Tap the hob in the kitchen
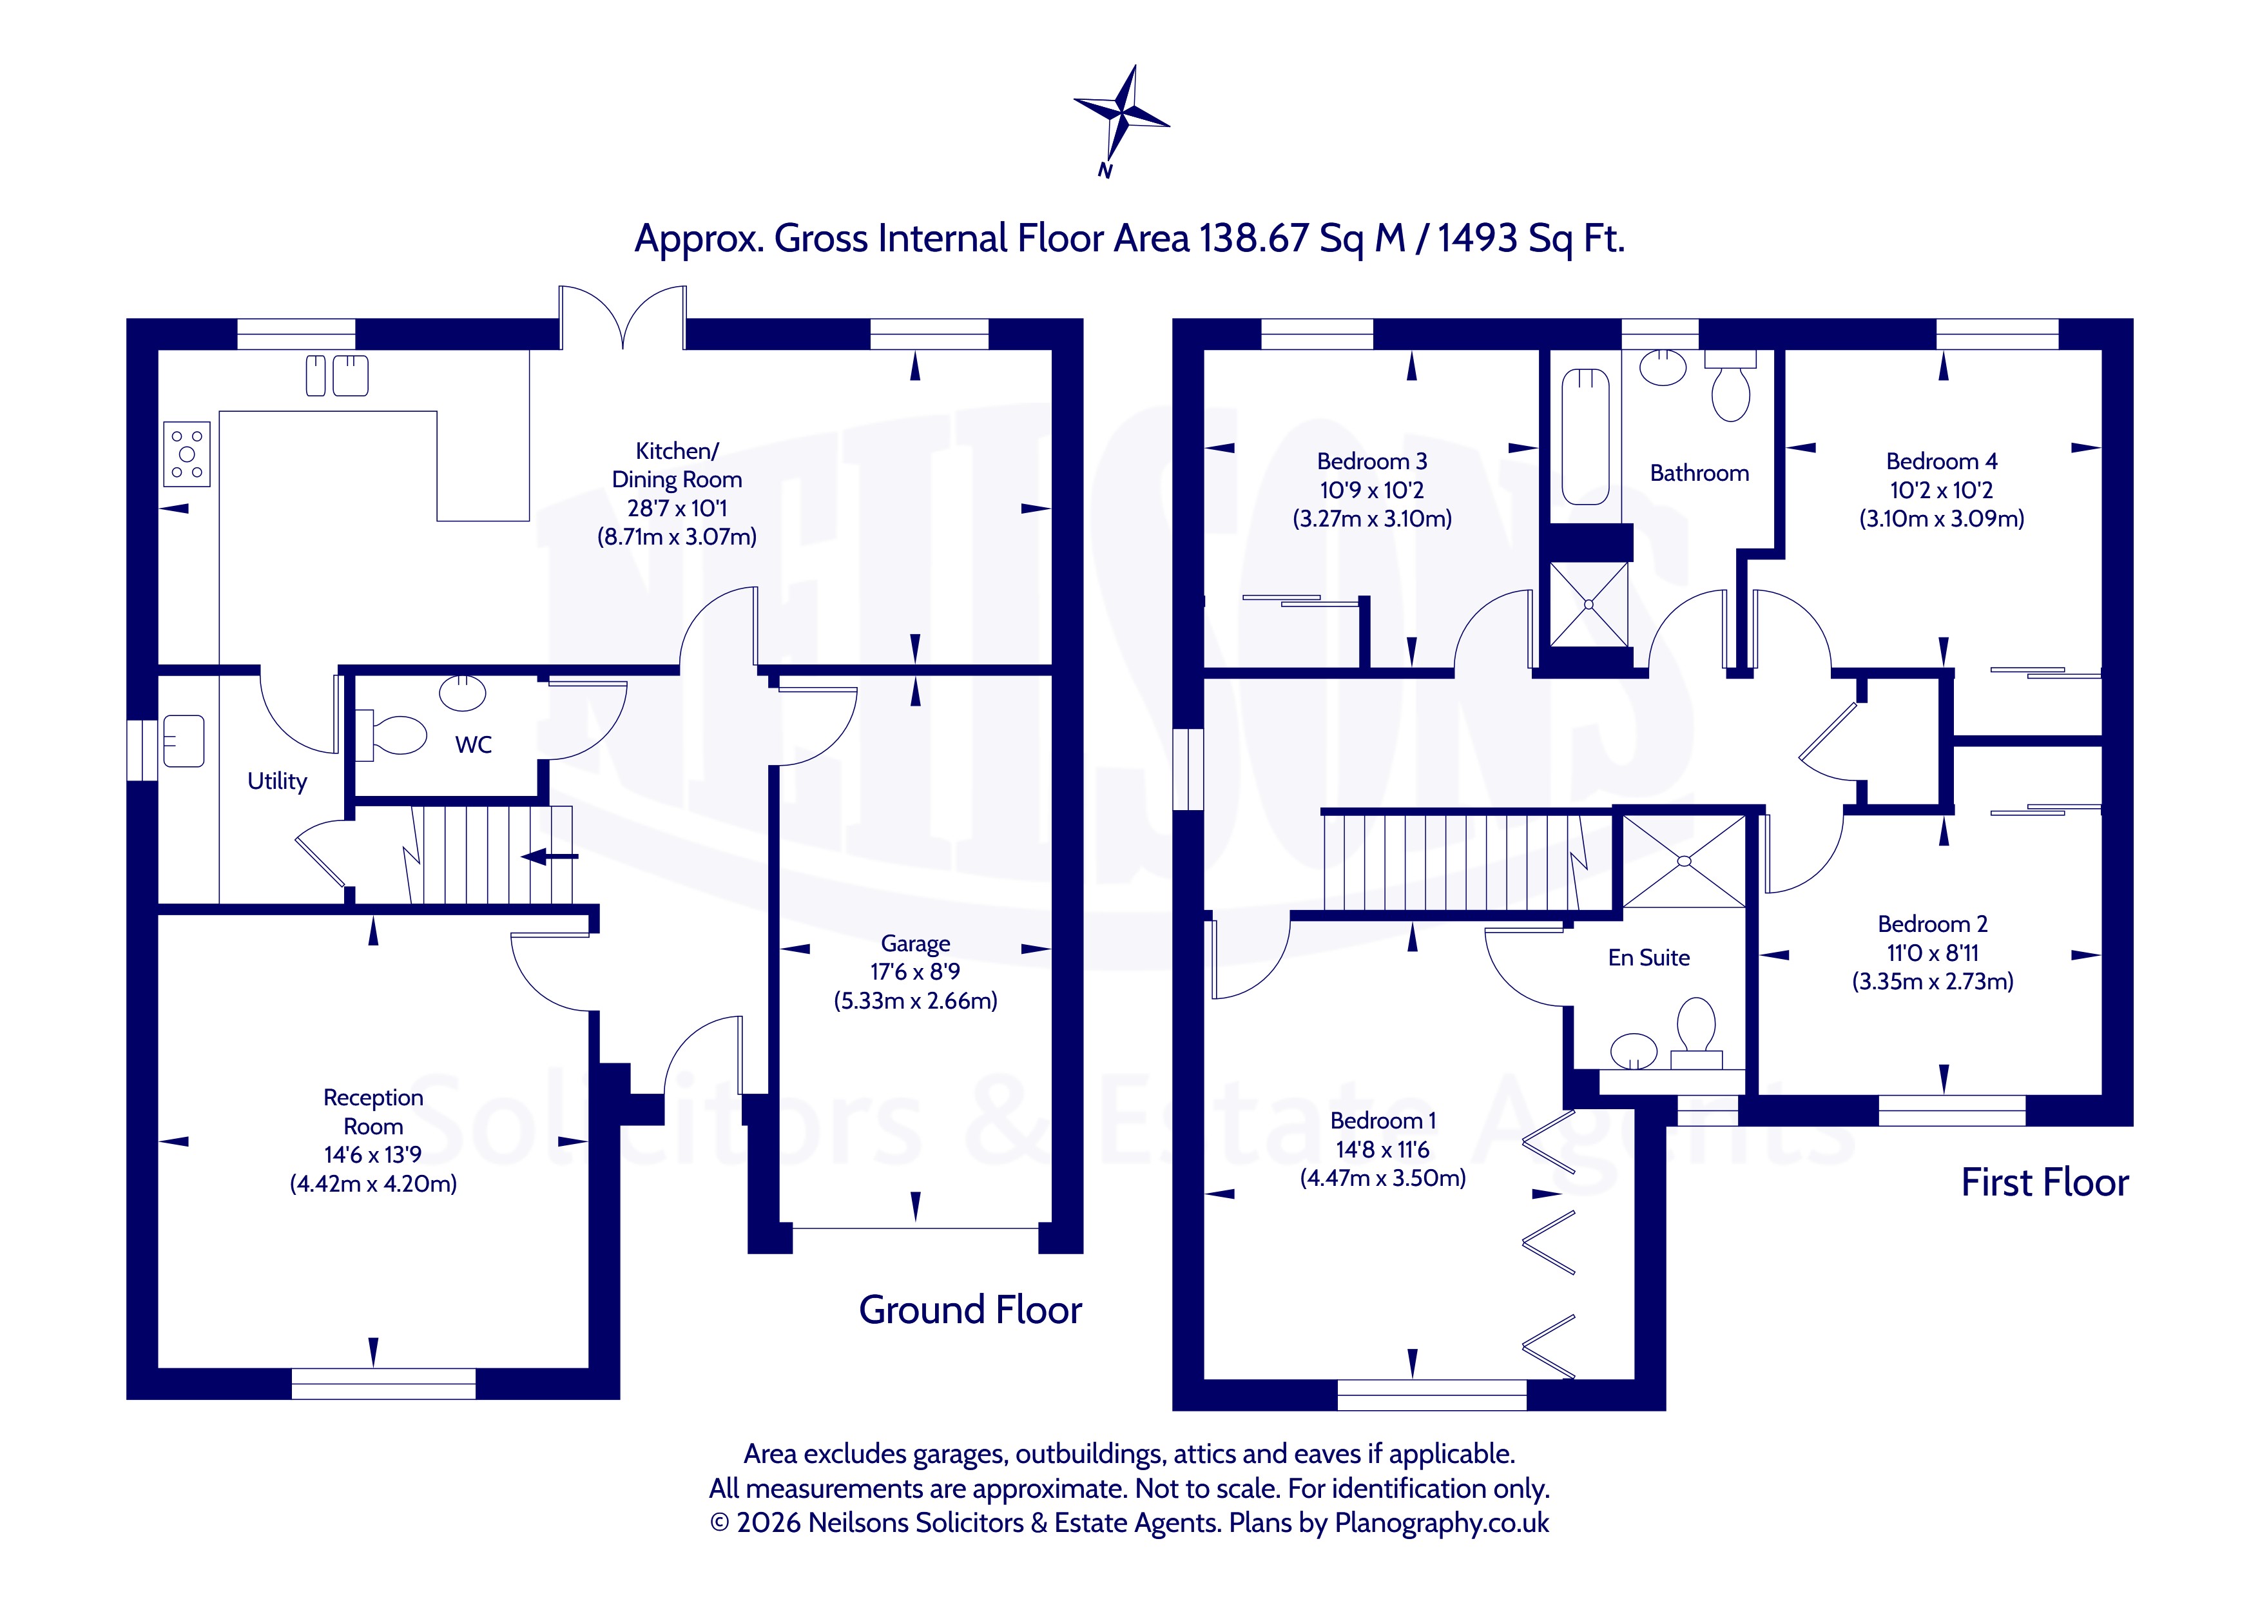187,454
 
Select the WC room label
474,745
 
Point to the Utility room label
276,780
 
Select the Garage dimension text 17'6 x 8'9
916,972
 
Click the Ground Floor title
971,1310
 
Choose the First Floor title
2044,1181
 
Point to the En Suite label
1648,957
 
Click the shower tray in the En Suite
1683,860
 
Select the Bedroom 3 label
1372,461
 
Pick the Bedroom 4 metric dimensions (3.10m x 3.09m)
1941,519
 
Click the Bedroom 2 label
1932,924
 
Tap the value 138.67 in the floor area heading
1253,238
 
